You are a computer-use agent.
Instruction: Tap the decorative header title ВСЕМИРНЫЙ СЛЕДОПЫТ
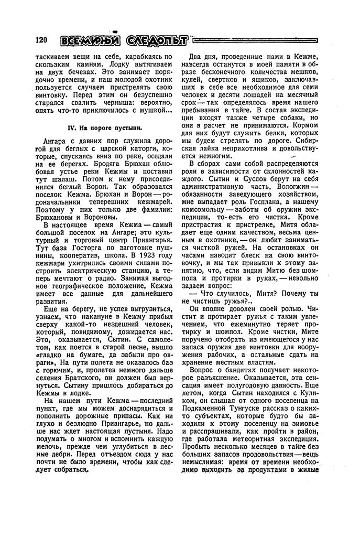click(x=124, y=41)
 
